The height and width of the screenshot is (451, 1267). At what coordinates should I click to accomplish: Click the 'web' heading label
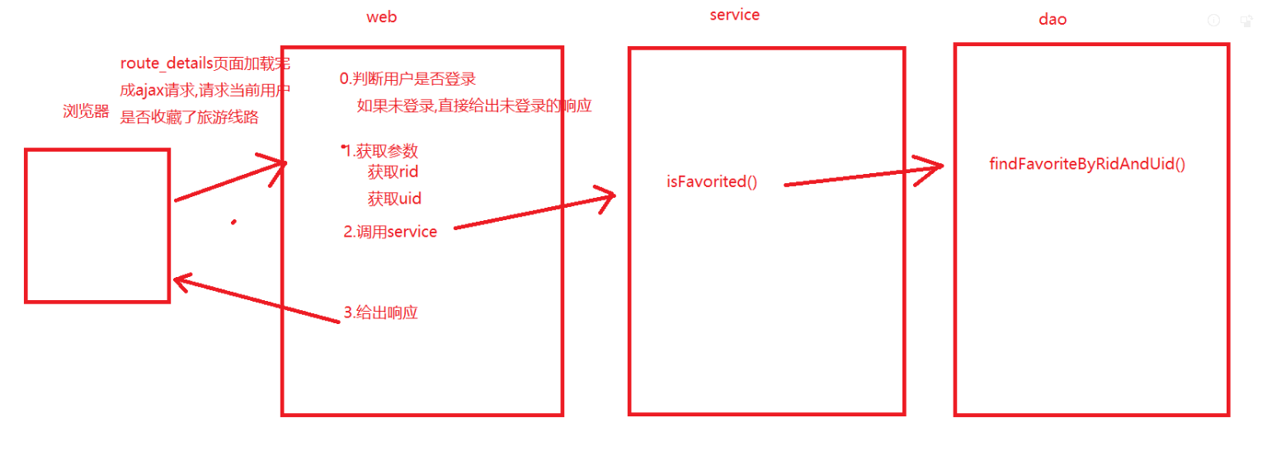[381, 17]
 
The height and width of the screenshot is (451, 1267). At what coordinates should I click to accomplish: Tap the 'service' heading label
[734, 15]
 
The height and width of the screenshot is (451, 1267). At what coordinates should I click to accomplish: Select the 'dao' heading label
[1052, 19]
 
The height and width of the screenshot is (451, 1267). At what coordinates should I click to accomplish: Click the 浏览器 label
[86, 112]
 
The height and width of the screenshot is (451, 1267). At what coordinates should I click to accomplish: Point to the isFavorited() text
[711, 182]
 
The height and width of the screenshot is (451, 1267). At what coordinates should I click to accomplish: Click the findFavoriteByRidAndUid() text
[1086, 163]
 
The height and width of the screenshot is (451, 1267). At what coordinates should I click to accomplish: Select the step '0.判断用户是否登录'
[407, 79]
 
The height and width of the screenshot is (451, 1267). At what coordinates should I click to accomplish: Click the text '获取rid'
[393, 172]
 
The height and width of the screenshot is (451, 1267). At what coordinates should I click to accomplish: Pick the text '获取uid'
[394, 198]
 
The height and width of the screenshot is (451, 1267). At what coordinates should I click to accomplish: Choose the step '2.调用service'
[390, 232]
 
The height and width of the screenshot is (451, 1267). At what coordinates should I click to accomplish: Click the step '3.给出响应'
[380, 312]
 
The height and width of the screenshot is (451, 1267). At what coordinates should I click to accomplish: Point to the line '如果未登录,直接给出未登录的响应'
[474, 106]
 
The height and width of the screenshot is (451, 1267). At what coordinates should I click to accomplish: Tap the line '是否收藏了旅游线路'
[189, 118]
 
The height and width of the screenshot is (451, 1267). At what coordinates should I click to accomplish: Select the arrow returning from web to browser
[256, 299]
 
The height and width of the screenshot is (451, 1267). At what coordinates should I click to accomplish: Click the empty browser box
[97, 225]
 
